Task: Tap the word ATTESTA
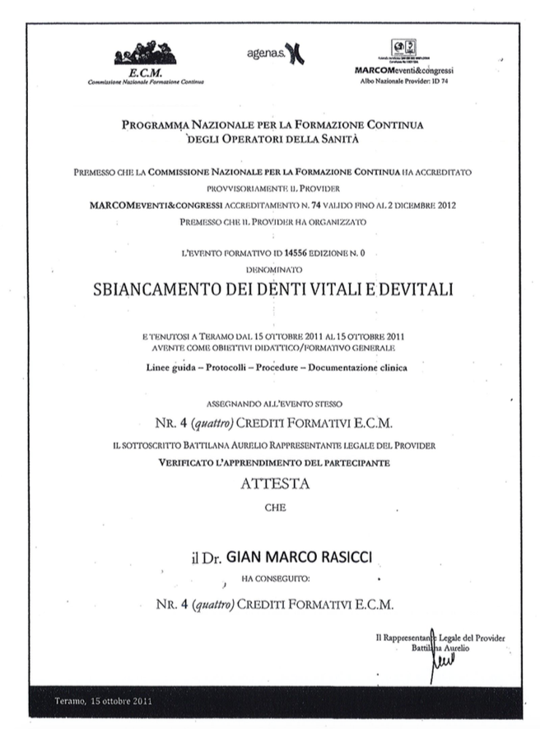click(x=275, y=485)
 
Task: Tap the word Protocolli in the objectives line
click(x=216, y=368)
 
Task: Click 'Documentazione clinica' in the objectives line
click(x=358, y=368)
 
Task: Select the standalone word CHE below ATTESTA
click(x=275, y=508)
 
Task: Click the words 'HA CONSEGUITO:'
click(x=275, y=579)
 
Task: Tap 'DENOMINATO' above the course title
click(x=275, y=269)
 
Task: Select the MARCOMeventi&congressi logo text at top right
click(x=404, y=71)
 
